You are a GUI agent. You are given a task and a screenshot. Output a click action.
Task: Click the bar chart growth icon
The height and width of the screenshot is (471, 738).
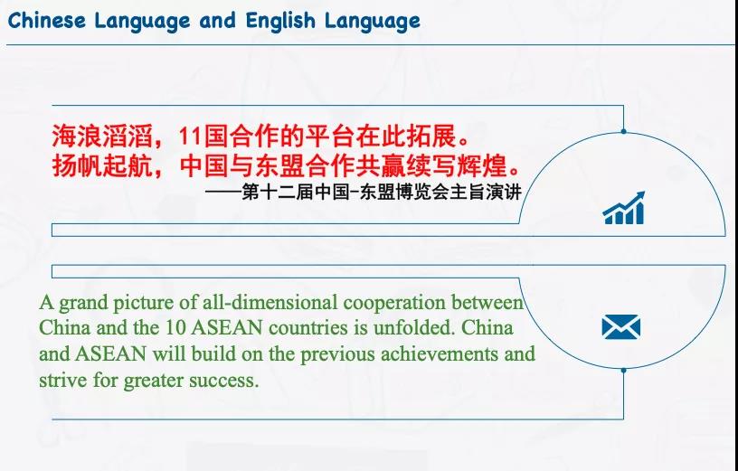click(623, 208)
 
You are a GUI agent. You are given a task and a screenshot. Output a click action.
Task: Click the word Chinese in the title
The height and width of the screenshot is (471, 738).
click(44, 20)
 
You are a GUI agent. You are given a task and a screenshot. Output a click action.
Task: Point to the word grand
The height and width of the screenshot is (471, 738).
click(83, 303)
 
